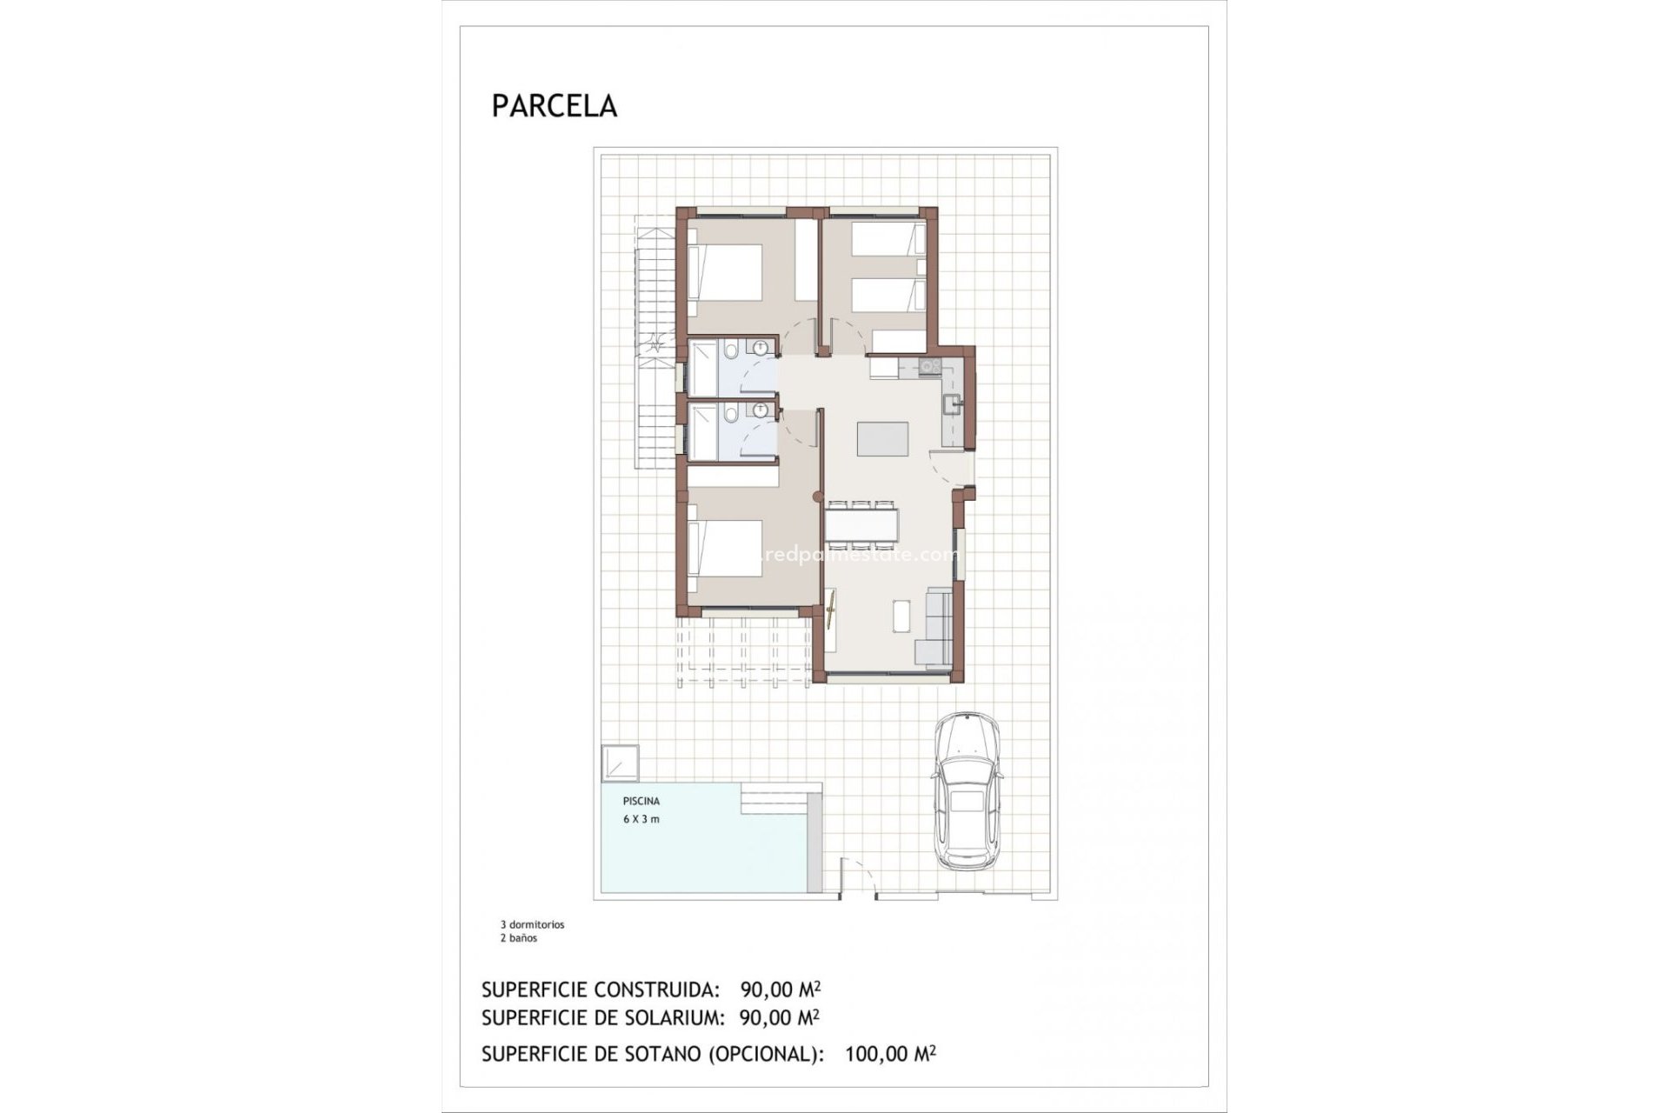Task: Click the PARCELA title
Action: click(x=554, y=106)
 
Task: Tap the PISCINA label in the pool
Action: click(x=641, y=801)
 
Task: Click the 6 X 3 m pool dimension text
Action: click(x=641, y=819)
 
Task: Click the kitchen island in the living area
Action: click(x=882, y=439)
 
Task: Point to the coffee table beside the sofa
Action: click(x=901, y=615)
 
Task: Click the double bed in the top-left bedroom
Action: click(x=725, y=273)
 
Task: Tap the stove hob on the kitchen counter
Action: click(x=928, y=367)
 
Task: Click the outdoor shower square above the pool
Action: click(x=619, y=763)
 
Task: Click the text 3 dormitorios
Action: click(x=532, y=925)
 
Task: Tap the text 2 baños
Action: click(x=518, y=938)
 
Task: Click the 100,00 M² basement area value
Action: click(x=889, y=1055)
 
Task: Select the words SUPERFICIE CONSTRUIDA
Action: click(x=601, y=990)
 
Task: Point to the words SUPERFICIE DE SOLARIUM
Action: click(x=601, y=1017)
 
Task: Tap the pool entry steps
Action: click(x=781, y=797)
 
